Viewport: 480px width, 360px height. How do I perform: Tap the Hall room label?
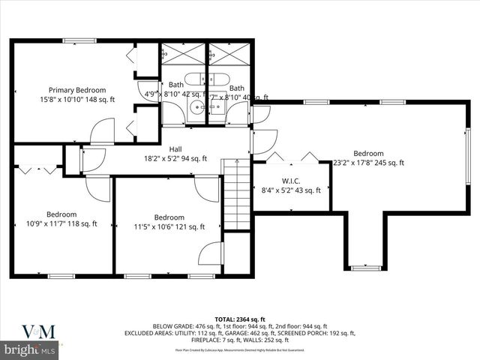pos(175,148)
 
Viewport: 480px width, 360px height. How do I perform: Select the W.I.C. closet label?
pos(291,181)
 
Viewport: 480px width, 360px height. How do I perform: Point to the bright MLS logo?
pos(30,350)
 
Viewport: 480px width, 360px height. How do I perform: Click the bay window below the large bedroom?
pos(366,266)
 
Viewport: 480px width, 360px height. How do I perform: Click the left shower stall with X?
pos(183,55)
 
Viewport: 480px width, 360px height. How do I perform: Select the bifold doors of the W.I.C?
pos(290,157)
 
